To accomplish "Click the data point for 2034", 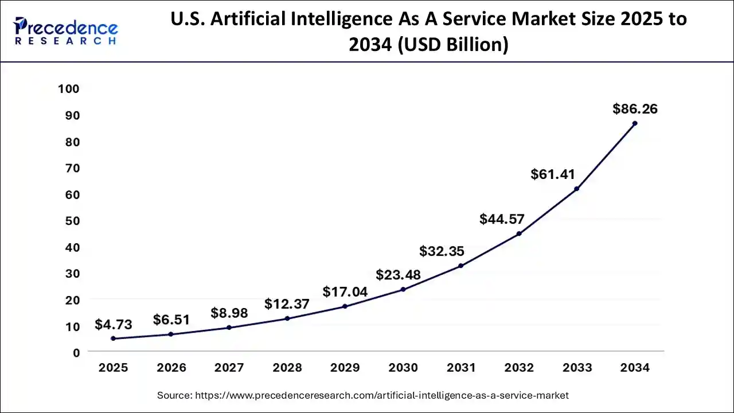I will (634, 123).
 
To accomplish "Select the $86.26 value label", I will (635, 109).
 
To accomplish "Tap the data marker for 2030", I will (403, 289).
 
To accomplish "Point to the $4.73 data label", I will (113, 325).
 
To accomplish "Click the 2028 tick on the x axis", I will (287, 368).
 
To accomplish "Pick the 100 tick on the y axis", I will (68, 89).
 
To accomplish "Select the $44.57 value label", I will (502, 219).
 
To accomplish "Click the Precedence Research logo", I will (66, 31).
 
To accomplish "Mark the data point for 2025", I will (113, 338).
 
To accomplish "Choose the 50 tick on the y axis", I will (72, 221).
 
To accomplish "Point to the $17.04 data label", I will (345, 292).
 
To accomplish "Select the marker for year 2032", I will (518, 233).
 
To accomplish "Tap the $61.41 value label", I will (553, 174).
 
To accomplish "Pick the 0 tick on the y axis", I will (76, 353).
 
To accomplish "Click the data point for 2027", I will (229, 328).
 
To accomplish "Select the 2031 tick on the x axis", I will (460, 368).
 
